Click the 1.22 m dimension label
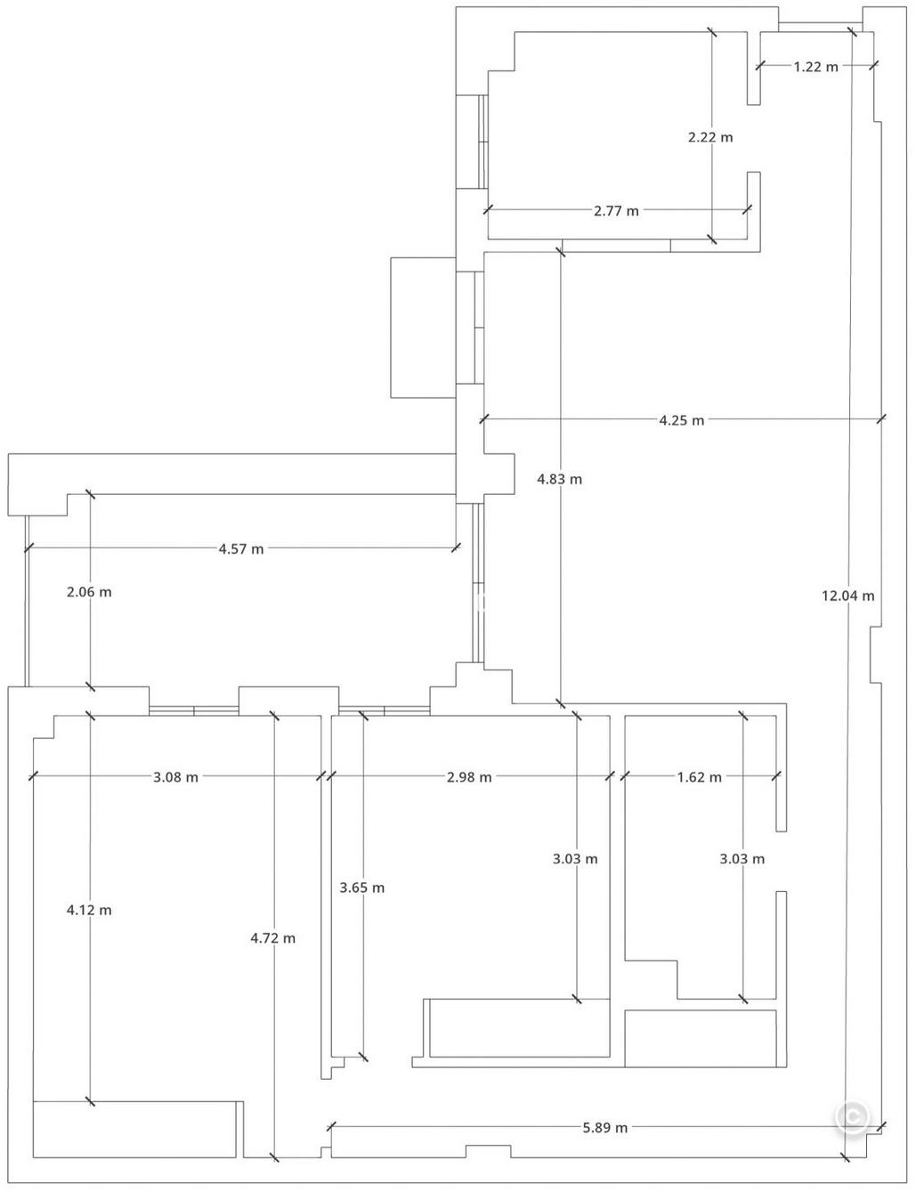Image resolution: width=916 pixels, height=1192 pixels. click(815, 66)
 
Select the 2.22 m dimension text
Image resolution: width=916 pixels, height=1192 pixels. click(710, 137)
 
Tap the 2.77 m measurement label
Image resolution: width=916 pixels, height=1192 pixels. click(616, 211)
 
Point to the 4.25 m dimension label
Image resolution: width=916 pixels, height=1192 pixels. click(681, 420)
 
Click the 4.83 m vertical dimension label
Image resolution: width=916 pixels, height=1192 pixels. click(559, 479)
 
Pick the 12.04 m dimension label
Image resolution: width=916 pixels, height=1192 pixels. click(847, 596)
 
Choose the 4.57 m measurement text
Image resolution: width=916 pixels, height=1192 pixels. click(241, 548)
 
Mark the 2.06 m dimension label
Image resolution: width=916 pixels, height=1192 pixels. click(89, 592)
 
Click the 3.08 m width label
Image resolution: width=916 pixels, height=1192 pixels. click(175, 776)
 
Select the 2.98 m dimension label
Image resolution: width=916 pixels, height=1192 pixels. click(469, 776)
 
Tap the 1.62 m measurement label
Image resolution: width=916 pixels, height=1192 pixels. click(699, 776)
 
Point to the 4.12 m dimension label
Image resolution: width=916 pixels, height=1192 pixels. click(89, 910)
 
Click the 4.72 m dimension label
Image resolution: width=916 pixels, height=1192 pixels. click(273, 937)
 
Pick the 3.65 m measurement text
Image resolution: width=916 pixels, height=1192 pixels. click(362, 887)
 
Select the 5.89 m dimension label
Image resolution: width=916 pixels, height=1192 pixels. click(604, 1127)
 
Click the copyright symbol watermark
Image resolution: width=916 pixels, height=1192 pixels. click(852, 1117)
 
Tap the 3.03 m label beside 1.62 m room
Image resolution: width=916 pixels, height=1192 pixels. click(742, 858)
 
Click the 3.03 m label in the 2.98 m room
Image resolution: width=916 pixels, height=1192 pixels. click(575, 858)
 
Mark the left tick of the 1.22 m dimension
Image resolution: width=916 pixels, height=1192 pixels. click(760, 65)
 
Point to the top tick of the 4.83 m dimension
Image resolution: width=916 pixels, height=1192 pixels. click(560, 252)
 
